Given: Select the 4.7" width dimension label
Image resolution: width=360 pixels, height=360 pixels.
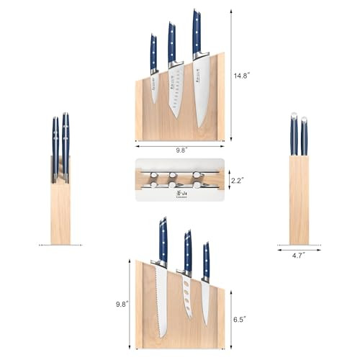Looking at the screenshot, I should [299, 254].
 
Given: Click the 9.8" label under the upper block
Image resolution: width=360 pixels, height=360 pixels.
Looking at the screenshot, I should [179, 151].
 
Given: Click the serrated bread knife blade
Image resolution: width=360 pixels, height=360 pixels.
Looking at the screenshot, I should [161, 300].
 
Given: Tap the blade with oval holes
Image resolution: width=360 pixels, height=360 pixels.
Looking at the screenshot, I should [186, 295].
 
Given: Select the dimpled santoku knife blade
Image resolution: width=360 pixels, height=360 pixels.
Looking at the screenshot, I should [176, 91].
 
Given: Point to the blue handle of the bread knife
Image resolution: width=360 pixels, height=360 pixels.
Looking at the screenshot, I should [163, 240].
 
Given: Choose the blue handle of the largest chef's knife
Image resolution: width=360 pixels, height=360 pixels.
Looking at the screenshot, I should [197, 33].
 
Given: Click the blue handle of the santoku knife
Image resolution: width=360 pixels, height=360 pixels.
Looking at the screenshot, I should [172, 43].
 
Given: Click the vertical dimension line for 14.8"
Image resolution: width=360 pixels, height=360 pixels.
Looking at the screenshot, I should [232, 75].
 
